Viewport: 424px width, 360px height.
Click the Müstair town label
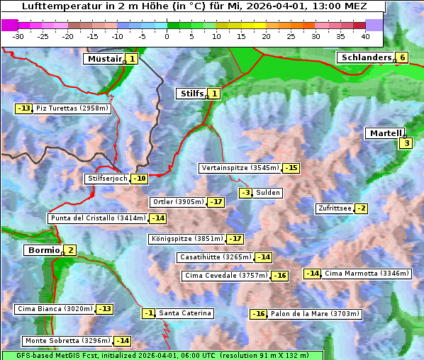tap(104, 59)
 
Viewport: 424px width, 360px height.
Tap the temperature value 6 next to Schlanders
tap(403, 57)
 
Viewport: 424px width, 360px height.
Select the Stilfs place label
tap(191, 93)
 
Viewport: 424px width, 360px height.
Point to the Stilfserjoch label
tap(107, 179)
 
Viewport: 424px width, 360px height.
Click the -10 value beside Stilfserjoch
tap(140, 179)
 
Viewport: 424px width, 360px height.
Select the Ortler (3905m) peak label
tap(178, 202)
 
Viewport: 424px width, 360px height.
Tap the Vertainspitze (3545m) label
tap(240, 168)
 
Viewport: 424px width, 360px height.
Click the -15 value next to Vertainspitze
tap(291, 168)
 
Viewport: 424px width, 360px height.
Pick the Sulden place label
tap(269, 193)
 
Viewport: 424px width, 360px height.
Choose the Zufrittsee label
tap(335, 208)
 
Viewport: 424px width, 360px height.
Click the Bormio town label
tap(43, 250)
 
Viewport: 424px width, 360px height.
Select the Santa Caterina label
tap(184, 313)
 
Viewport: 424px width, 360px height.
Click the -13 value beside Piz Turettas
tap(24, 108)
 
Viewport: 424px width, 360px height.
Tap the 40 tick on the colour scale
tap(365, 36)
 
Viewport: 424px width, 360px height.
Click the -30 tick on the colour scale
tap(18, 36)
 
